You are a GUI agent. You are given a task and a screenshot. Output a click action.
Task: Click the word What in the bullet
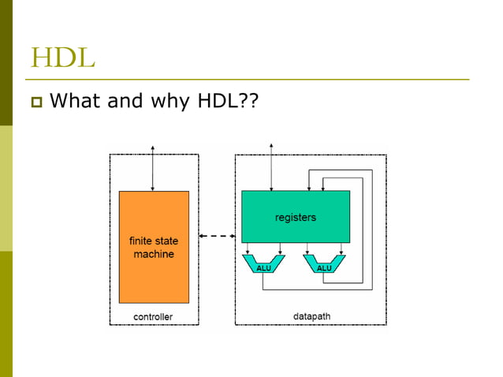click(x=77, y=102)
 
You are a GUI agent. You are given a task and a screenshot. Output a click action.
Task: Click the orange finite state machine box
click(x=154, y=246)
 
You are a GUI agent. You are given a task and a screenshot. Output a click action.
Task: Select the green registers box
click(x=295, y=216)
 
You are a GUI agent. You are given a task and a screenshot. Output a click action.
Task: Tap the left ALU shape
click(x=263, y=264)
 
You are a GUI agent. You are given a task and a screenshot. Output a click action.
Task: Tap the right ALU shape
click(x=323, y=264)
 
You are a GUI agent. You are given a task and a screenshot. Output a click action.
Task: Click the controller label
click(x=153, y=317)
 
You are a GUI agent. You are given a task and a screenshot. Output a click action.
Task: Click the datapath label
click(x=311, y=316)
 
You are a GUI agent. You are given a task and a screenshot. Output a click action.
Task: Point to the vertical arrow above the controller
click(x=152, y=167)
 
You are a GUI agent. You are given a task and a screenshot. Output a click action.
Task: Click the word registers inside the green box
click(x=295, y=217)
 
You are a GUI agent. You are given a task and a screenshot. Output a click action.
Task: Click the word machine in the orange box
click(x=154, y=254)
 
